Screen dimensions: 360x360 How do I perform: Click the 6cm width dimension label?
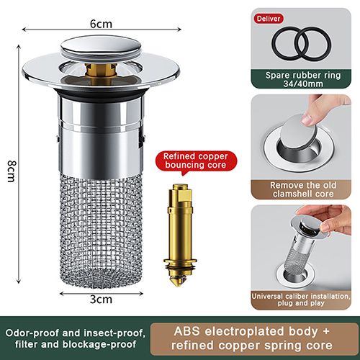click(100, 23)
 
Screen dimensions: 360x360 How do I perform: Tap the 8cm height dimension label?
click(11, 171)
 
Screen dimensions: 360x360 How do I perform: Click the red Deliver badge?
click(266, 19)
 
